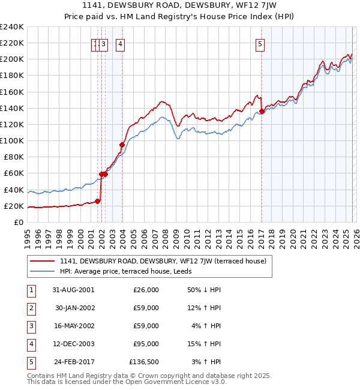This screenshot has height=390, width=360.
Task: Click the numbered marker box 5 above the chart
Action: coord(260,43)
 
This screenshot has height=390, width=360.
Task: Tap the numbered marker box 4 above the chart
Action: coord(121,43)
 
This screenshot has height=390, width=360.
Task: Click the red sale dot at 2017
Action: coord(262,112)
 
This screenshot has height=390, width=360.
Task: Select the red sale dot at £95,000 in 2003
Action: coord(122,145)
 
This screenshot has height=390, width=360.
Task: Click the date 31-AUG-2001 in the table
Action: coord(73,290)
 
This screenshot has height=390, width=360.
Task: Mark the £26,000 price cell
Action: coord(146,290)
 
